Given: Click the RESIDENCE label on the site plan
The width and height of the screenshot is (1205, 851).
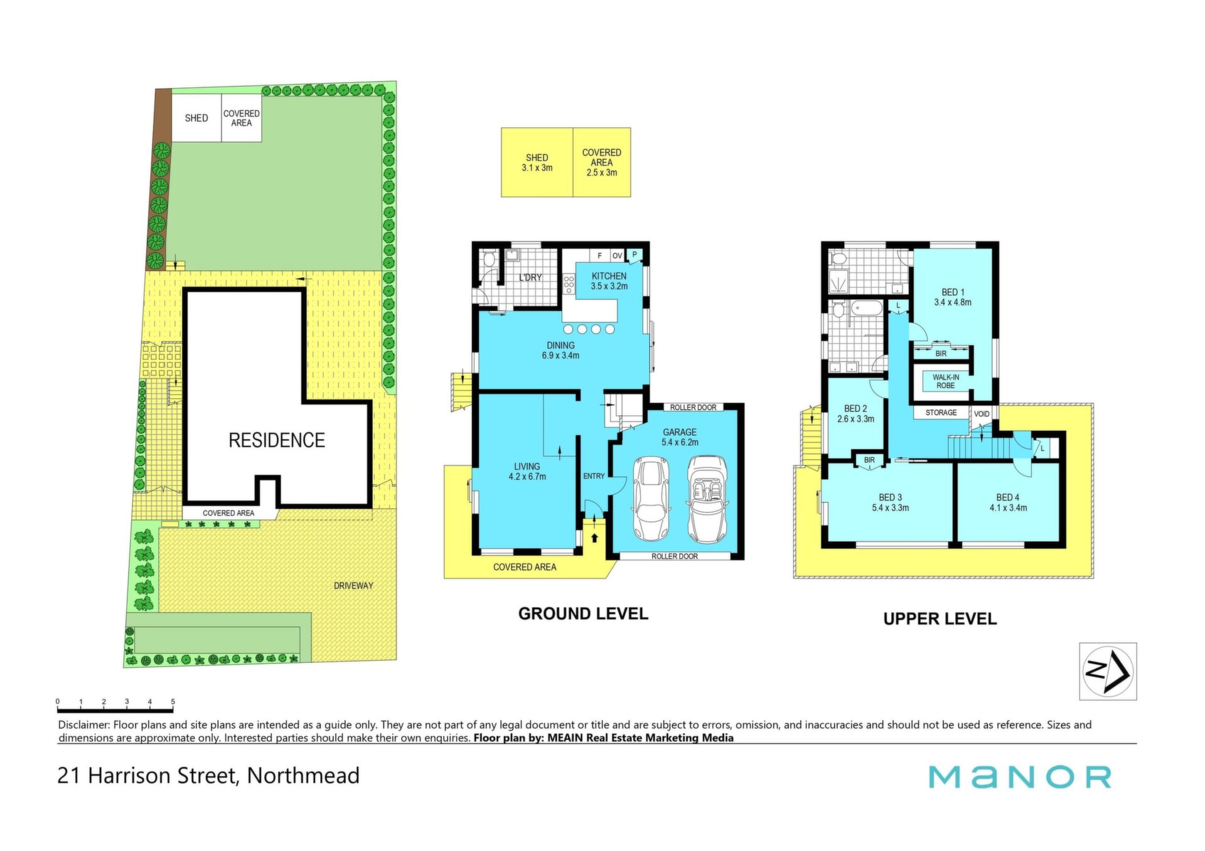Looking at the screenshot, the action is click(277, 440).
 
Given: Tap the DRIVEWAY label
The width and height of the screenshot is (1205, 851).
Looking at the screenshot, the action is click(353, 586).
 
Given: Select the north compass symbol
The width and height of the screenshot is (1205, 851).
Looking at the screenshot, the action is click(1108, 671).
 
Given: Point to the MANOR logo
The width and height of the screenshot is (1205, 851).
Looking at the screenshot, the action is click(1020, 777).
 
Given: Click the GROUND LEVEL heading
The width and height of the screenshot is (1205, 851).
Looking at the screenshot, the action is click(583, 614).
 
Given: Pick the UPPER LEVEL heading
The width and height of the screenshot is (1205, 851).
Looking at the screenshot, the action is click(940, 619).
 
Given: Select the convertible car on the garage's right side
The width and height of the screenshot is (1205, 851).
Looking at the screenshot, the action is click(707, 499).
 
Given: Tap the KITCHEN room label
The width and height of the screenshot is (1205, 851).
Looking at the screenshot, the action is click(609, 276).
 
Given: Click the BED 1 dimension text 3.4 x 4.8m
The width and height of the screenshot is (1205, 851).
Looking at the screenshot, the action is click(953, 302).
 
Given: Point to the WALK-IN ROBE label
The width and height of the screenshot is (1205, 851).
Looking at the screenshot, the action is click(946, 381).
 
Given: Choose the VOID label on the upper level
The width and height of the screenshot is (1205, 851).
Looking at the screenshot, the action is click(982, 414).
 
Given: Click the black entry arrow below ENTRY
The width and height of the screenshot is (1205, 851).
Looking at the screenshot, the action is click(594, 537).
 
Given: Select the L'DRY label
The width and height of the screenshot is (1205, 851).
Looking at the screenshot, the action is click(530, 277).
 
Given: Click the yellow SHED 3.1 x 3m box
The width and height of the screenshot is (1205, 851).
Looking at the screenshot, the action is click(537, 162).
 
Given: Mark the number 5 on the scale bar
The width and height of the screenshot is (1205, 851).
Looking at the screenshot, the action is click(173, 702).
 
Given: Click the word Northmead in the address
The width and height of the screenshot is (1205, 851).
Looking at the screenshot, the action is click(303, 776).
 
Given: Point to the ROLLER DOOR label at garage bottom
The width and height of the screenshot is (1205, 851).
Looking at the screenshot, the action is click(675, 556).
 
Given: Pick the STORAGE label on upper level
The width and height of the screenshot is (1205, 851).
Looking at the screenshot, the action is click(941, 413).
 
